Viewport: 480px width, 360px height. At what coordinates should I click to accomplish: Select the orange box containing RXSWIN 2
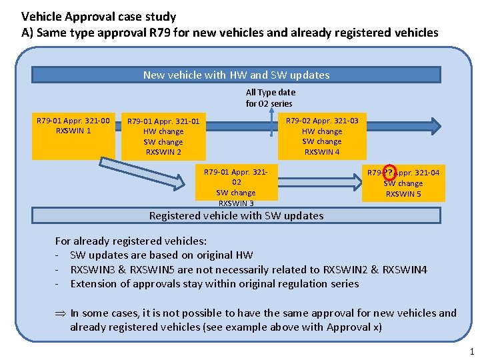(x=163, y=137)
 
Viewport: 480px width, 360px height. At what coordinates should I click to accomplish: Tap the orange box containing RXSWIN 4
(x=321, y=136)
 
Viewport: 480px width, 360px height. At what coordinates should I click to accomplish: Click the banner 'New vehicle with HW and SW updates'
(x=236, y=75)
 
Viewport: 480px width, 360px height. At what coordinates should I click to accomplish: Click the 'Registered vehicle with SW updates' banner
(x=236, y=215)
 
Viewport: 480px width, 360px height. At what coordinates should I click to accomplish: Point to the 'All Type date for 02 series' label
(x=270, y=98)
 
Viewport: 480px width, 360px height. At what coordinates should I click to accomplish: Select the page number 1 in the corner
(x=470, y=351)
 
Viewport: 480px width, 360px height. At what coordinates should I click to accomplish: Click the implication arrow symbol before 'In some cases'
(x=60, y=313)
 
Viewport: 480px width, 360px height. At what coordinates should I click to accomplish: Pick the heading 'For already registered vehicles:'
(x=130, y=241)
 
